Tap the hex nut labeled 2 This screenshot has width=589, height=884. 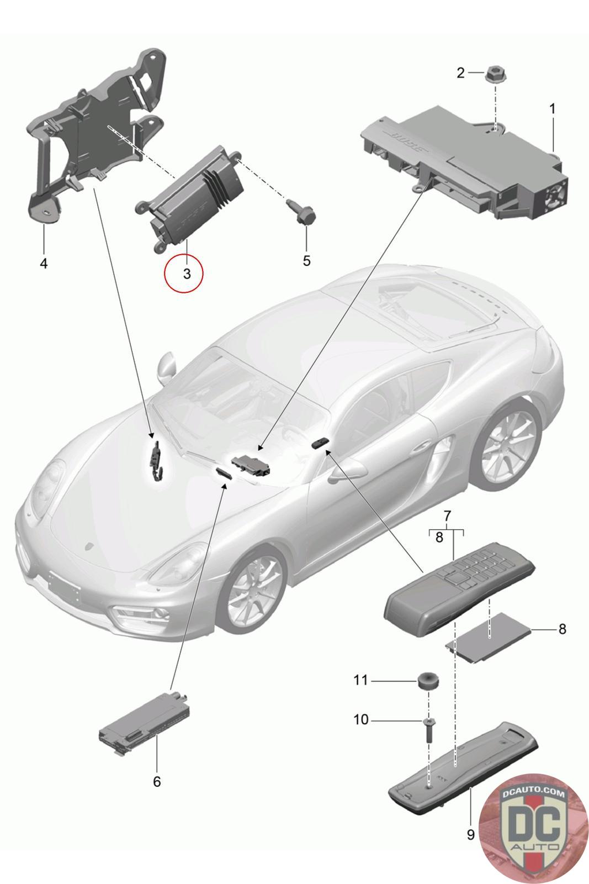[x=494, y=73]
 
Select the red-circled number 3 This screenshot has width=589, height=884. [x=187, y=273]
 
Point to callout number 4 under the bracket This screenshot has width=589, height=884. [x=44, y=264]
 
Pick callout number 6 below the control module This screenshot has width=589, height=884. [x=157, y=781]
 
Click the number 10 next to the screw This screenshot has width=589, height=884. [x=360, y=720]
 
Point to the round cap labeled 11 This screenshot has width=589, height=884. [x=426, y=681]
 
